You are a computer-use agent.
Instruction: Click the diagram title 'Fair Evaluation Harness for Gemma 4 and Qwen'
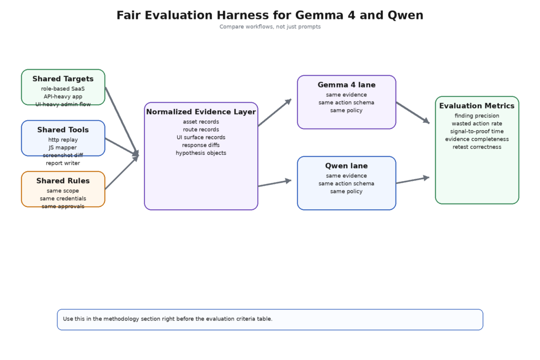(269, 15)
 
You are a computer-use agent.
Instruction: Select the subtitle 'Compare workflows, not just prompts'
(269, 27)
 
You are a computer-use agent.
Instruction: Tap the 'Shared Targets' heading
(63, 79)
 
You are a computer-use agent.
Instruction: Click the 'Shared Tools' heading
(63, 130)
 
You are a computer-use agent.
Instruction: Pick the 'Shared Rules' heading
(63, 181)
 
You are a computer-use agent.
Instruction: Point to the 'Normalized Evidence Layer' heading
(201, 112)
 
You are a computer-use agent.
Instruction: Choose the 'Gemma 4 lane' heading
(346, 85)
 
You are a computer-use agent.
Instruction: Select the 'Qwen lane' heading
(346, 166)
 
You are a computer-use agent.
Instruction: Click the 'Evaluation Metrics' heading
(477, 106)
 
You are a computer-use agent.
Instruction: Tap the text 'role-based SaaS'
(63, 89)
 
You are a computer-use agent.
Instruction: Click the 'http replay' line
(63, 140)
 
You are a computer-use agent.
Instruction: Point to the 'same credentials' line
(63, 199)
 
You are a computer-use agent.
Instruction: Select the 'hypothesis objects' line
(201, 153)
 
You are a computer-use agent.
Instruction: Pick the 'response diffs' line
(201, 145)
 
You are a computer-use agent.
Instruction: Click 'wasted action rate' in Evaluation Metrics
(477, 123)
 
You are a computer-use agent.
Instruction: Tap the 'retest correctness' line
(477, 147)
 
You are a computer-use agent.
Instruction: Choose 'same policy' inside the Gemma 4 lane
(346, 111)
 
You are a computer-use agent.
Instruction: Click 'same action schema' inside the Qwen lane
(346, 183)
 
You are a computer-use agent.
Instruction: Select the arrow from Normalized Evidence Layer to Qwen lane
(275, 183)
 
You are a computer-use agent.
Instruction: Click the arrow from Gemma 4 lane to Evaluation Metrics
(413, 113)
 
